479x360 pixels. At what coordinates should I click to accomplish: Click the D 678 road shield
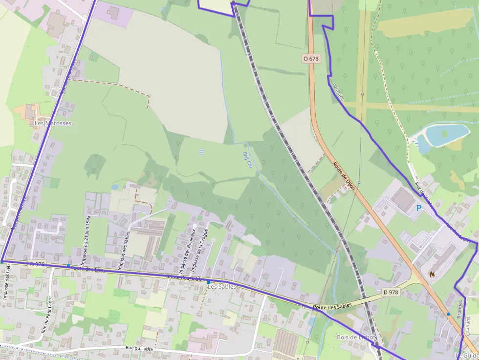pos(311,59)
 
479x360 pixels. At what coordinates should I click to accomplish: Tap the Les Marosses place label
pos(53,124)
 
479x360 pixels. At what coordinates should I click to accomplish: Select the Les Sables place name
pos(222,287)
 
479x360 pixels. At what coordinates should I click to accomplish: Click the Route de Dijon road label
pos(344,175)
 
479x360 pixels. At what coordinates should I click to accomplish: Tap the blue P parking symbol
pos(418,208)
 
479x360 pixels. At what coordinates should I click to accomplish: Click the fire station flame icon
pos(432,275)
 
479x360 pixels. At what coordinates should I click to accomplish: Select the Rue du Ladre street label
pos(139,349)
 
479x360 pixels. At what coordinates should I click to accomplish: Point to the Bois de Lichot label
pos(356,337)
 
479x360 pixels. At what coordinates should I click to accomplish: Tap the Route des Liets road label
pos(88,268)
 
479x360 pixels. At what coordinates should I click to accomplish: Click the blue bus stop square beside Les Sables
pos(209,282)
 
